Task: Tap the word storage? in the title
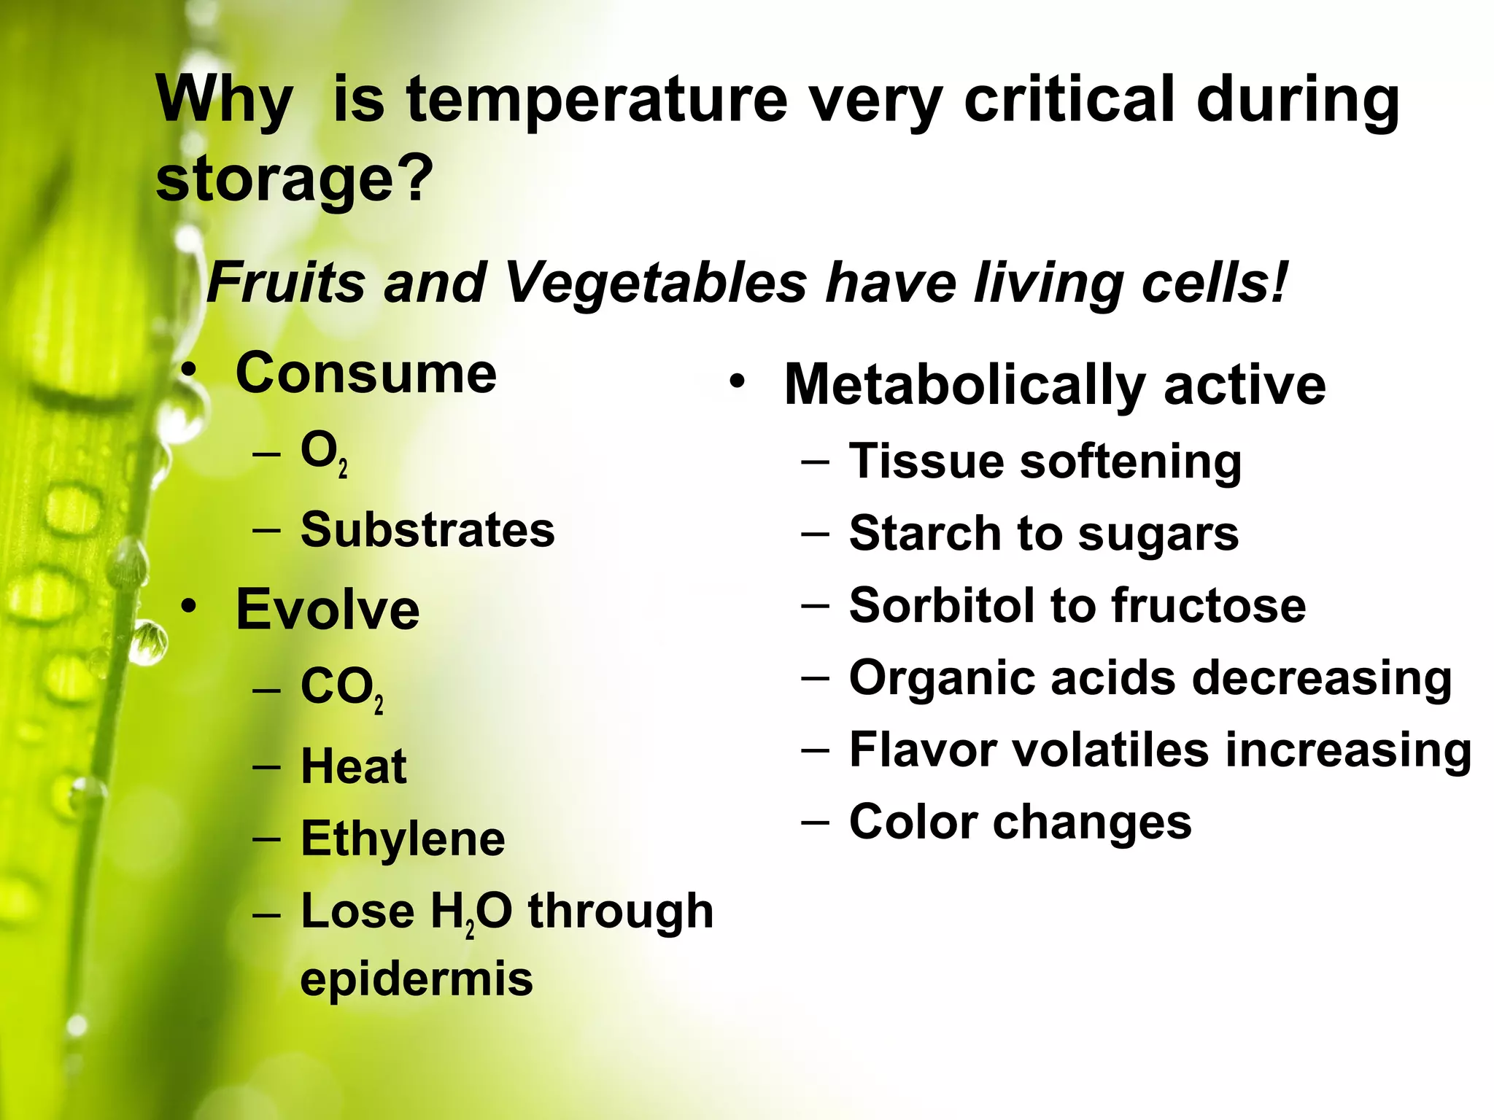(295, 179)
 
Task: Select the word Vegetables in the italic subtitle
(655, 283)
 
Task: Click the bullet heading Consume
(366, 374)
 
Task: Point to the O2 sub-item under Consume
(323, 453)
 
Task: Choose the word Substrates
(427, 530)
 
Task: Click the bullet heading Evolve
(328, 610)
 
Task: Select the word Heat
(354, 767)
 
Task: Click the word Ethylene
(403, 839)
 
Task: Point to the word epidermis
(417, 979)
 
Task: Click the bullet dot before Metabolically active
(738, 382)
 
